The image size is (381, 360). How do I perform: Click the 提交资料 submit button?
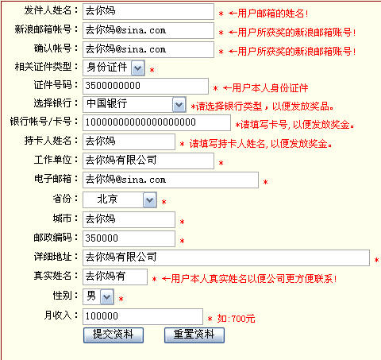tap(114, 335)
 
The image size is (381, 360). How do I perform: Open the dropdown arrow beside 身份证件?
tap(138, 68)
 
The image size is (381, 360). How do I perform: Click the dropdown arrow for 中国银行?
tap(179, 105)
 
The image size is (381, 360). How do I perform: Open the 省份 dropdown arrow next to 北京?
tap(150, 200)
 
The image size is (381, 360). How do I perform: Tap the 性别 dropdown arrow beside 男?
tap(107, 297)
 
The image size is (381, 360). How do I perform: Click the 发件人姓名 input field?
tap(148, 12)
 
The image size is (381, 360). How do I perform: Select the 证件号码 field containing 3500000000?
tap(145, 86)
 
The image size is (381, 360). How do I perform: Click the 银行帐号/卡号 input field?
tap(156, 123)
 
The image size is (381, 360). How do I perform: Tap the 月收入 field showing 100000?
tap(143, 316)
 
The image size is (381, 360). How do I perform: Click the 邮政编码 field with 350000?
tap(129, 238)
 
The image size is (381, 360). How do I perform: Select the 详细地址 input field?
tap(226, 257)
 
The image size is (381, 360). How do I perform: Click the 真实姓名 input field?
tap(115, 277)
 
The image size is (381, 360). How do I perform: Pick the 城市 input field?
tap(129, 219)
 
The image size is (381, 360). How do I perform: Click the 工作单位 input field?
tap(148, 161)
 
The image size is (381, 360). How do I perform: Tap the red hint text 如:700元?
tap(236, 319)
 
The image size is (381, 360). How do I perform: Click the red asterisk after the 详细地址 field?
tap(376, 261)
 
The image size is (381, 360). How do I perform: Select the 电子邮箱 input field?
tap(171, 180)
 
